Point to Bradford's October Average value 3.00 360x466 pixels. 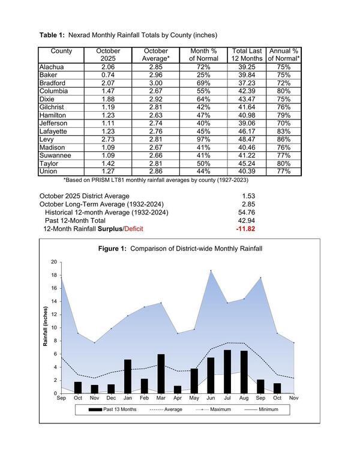coord(156,83)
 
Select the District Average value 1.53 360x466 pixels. coord(249,196)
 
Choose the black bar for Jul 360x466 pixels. coord(227,372)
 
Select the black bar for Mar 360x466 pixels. coord(161,374)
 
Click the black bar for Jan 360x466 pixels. coord(128,377)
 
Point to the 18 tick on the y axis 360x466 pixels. coord(53,275)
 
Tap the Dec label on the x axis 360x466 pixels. coord(111,398)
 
